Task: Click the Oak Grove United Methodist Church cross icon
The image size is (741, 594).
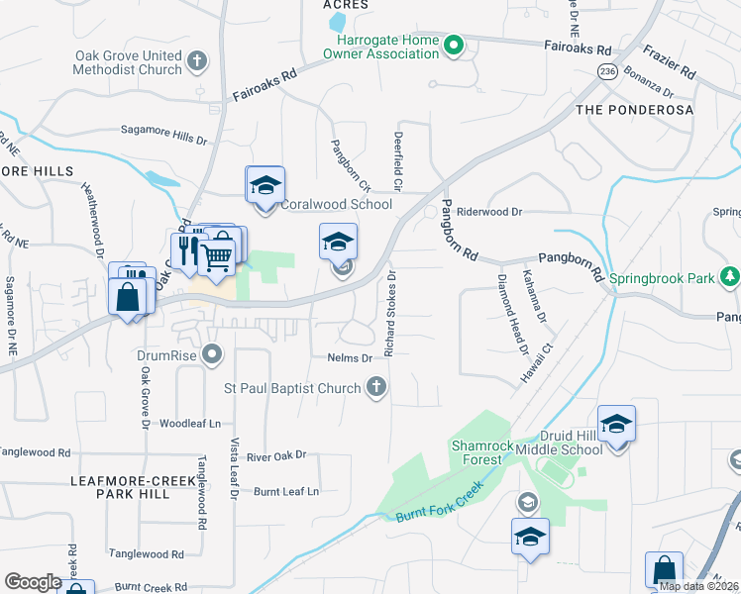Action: click(196, 61)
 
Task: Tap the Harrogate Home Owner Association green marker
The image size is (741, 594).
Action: click(454, 46)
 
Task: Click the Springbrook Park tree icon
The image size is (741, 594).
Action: click(730, 275)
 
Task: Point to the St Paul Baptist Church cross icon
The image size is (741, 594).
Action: click(375, 388)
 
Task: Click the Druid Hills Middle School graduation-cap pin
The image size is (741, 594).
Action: click(616, 426)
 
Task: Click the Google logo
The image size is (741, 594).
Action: click(33, 582)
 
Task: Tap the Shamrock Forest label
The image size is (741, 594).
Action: click(483, 452)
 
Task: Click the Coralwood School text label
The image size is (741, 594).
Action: click(337, 204)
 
